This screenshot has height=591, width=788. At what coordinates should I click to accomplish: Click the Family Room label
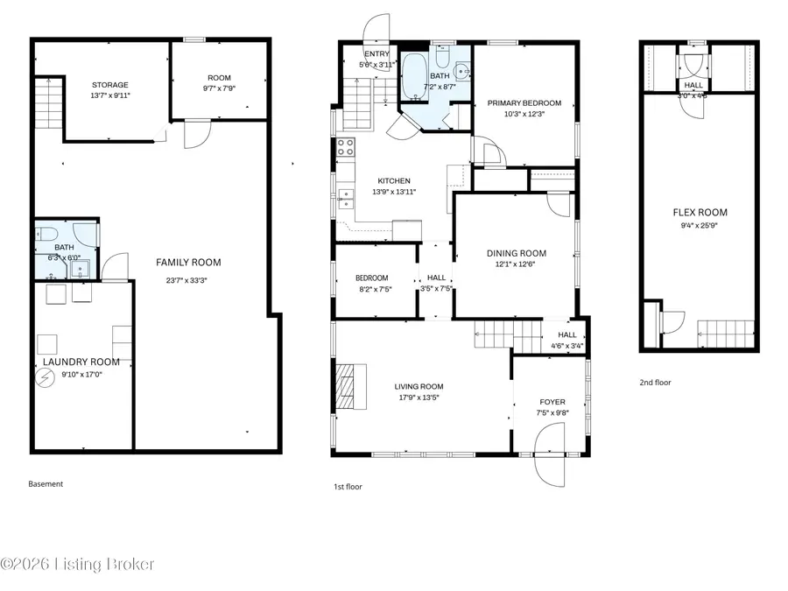188,262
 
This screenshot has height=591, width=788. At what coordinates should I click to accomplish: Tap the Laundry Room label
81,362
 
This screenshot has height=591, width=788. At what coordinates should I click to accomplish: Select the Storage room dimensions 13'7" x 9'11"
110,95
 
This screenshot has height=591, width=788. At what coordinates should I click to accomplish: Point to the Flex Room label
700,213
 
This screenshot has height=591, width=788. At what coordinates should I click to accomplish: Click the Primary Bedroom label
524,102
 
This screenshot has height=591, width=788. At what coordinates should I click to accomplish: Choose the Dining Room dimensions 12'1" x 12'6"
516,264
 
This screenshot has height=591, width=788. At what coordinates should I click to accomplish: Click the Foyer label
551,402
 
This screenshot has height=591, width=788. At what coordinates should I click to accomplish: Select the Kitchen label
393,180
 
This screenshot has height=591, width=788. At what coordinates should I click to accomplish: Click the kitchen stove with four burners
345,146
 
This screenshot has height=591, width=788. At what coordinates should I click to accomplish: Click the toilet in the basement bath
47,234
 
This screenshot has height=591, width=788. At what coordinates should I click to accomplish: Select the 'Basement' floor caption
46,483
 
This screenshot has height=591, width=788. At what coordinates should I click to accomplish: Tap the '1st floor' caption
348,486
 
